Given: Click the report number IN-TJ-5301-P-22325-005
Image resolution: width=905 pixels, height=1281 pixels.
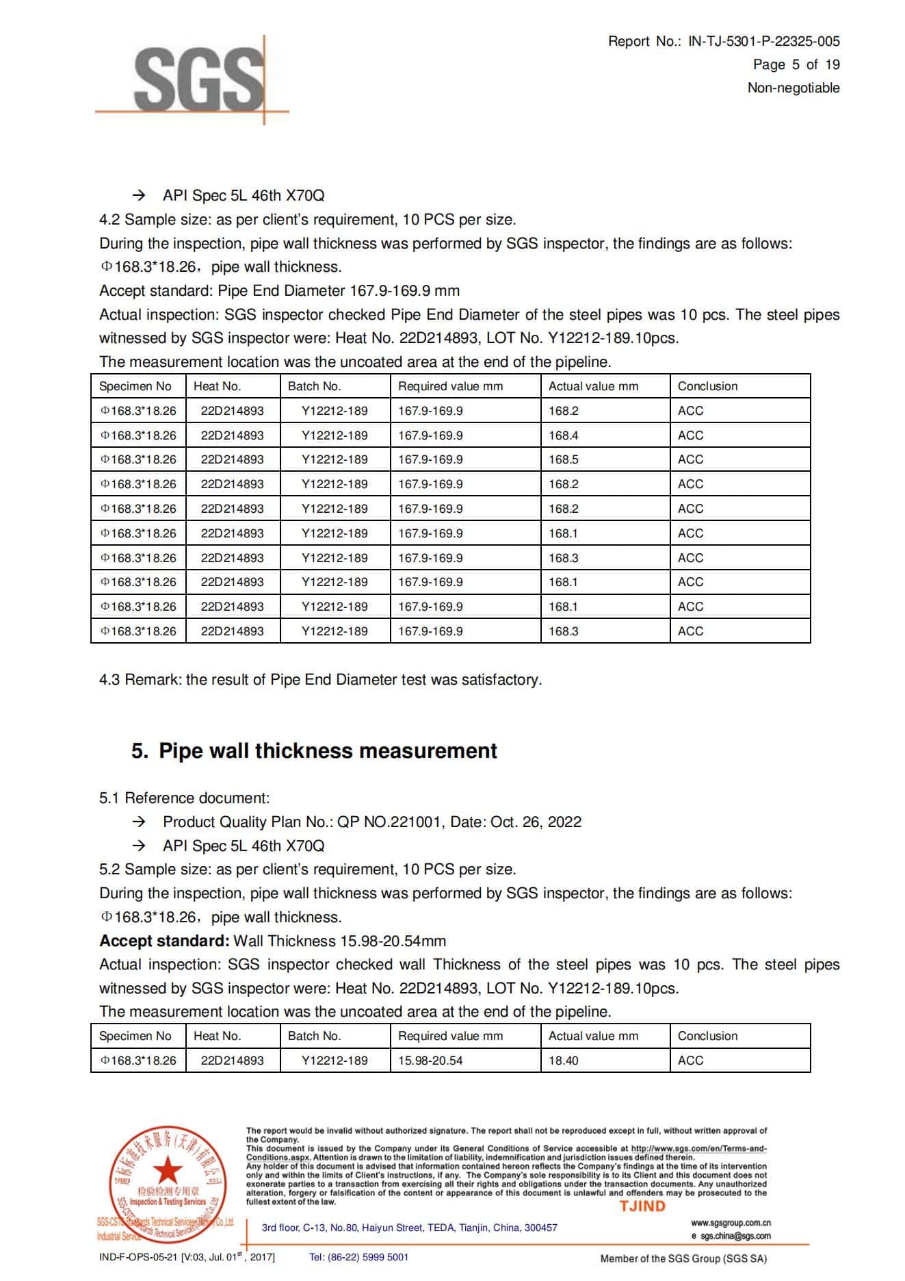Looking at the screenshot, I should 763,41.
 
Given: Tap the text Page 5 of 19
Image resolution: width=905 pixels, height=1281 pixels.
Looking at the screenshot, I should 796,64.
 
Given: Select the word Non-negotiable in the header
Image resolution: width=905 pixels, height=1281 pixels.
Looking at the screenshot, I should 793,88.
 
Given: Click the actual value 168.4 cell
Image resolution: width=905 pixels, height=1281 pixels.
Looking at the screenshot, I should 564,435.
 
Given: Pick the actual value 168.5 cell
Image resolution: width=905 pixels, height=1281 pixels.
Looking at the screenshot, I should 564,459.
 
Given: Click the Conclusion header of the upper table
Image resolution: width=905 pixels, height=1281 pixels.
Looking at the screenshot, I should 707,386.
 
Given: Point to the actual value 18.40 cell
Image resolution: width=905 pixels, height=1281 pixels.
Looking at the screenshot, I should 564,1061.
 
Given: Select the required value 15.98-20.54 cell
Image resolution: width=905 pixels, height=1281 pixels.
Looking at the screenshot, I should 430,1061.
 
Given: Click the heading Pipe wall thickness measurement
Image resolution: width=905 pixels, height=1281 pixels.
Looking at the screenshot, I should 328,751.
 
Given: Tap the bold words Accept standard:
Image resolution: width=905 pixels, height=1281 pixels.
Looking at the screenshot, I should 164,941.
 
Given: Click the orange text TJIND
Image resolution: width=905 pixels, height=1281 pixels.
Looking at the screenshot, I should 642,1206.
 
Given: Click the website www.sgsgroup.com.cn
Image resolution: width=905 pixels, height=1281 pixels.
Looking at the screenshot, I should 731,1223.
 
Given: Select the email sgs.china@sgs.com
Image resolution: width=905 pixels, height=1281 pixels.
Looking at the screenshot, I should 735,1236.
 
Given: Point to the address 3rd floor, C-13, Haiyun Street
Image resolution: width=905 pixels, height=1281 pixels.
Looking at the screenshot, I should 409,1228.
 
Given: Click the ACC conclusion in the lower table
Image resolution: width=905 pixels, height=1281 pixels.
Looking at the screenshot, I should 690,1061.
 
